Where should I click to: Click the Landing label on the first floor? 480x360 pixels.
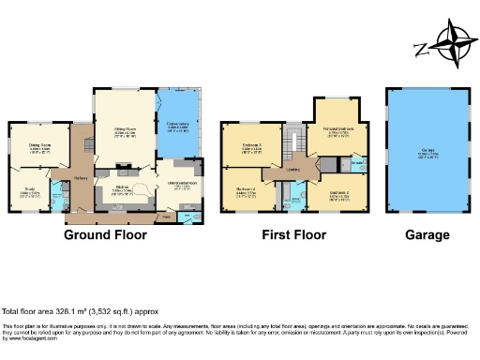[292, 170]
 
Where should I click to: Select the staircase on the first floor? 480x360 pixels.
[292, 139]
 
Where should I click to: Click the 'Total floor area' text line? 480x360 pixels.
[93, 310]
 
